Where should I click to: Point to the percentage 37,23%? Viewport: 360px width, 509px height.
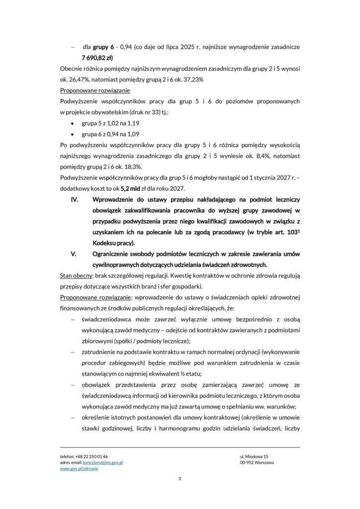191,79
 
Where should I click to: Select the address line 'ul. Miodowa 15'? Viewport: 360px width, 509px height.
254,456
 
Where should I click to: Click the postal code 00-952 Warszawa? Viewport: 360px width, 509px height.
257,462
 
